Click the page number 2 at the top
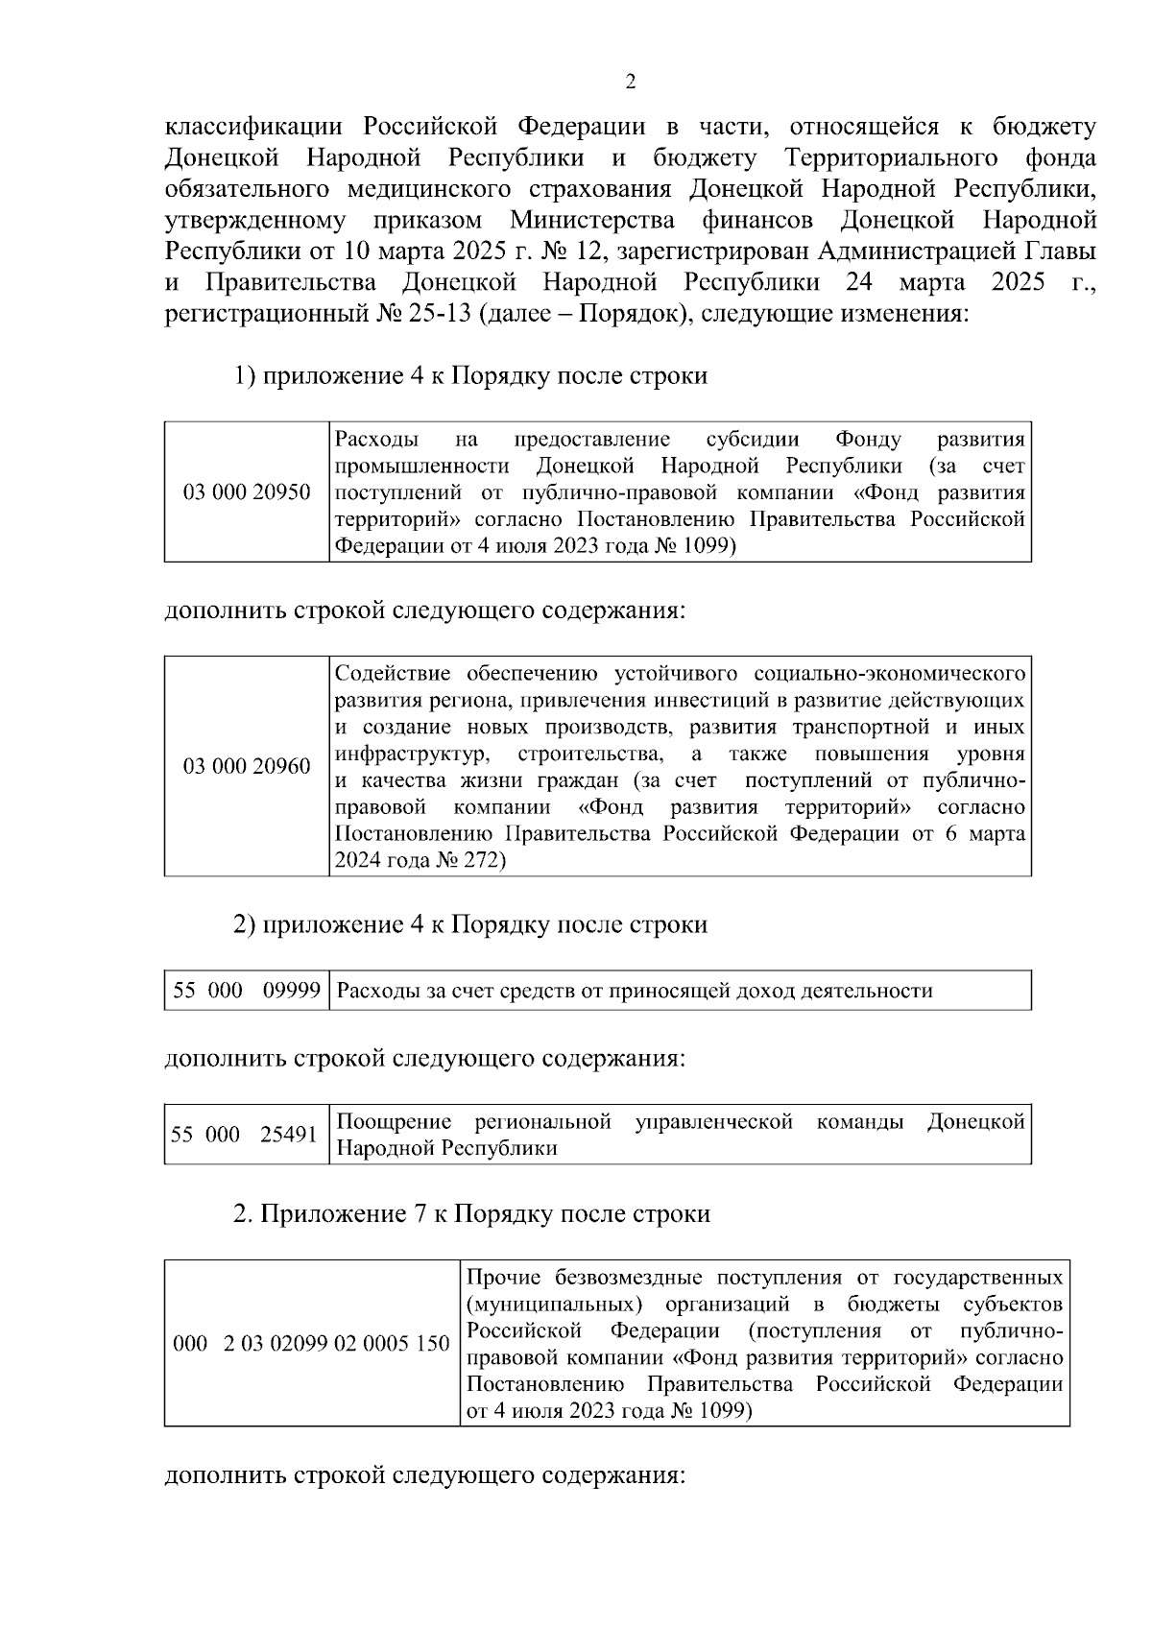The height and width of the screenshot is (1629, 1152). [x=631, y=83]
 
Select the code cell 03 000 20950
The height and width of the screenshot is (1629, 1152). [x=247, y=493]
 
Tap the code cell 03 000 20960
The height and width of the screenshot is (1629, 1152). [x=247, y=766]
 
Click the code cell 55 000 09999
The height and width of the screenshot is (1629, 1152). [x=247, y=991]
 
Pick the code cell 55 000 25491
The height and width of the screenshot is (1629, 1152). [x=244, y=1135]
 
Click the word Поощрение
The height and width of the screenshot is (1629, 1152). [x=395, y=1122]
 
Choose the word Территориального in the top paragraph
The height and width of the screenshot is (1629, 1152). [x=892, y=158]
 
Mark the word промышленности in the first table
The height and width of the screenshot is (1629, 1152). [x=421, y=467]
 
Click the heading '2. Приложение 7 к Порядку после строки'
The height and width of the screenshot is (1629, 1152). [x=471, y=1214]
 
